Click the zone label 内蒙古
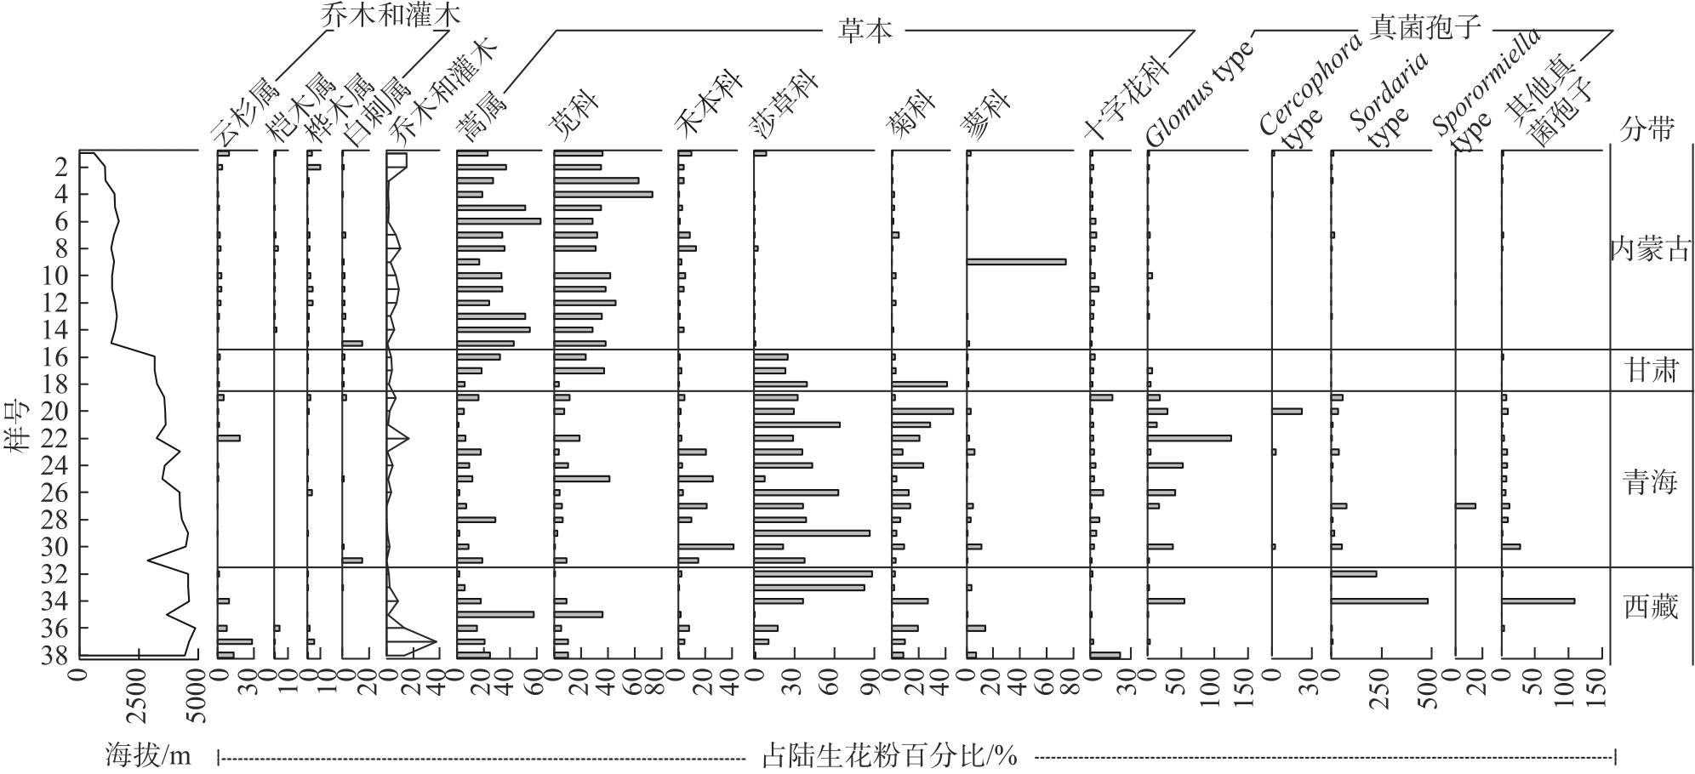point(1649,250)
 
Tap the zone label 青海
point(1649,483)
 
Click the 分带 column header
point(1648,128)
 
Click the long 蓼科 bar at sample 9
point(1016,262)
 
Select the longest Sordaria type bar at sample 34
point(1379,601)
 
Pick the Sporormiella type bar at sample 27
point(1465,506)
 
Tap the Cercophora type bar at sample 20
point(1287,412)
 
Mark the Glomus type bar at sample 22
point(1190,439)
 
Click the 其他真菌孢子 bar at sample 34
point(1538,601)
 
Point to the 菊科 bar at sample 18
point(920,384)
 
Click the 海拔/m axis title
point(149,754)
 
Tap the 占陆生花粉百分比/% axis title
point(888,754)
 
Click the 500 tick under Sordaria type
point(1429,691)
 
